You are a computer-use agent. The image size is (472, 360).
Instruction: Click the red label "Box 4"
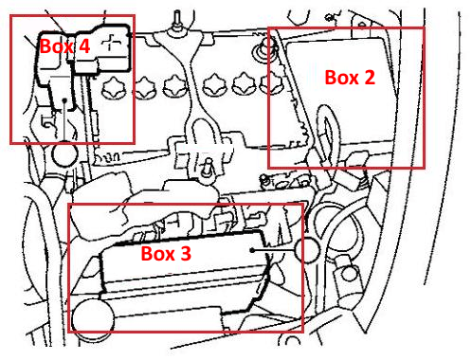coord(65,45)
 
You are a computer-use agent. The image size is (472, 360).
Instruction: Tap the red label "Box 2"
coord(350,78)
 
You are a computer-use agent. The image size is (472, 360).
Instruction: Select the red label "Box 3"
coord(166,253)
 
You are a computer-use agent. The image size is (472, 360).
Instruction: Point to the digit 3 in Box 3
coord(186,253)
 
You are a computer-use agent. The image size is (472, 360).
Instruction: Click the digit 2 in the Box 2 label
coord(370,78)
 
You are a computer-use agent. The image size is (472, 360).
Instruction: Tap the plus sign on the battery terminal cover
coord(111,43)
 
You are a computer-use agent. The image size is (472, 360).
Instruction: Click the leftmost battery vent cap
coord(114,87)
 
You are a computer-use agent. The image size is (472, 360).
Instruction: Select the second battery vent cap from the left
coord(145,87)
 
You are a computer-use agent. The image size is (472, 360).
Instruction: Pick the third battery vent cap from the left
coord(175,86)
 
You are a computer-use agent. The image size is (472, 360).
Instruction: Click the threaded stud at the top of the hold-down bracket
coord(177,21)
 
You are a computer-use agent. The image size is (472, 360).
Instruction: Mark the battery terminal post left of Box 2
coord(263,50)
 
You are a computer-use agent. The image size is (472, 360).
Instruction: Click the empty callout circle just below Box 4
coord(64,153)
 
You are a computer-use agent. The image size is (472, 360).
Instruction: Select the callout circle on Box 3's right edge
coord(307,250)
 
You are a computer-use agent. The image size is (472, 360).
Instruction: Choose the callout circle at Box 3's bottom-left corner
coord(93,319)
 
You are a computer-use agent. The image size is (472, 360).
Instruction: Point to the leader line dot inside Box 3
coord(252,250)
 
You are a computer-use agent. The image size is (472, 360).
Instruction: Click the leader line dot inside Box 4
coord(64,100)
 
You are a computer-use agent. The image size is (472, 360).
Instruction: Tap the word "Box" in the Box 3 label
coord(157,253)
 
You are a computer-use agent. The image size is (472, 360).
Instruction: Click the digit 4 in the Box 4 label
coord(84,45)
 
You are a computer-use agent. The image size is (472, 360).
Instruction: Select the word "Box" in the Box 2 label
coord(342,78)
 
